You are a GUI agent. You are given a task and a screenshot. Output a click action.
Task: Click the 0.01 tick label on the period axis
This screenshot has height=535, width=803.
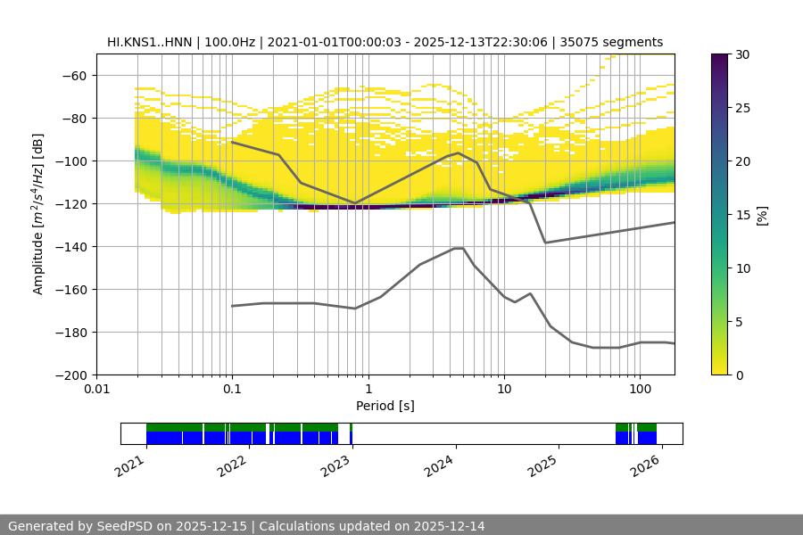96,390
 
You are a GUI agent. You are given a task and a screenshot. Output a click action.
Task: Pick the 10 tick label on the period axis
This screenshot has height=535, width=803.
504,390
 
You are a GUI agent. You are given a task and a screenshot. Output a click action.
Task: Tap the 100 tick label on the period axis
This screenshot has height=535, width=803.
639,390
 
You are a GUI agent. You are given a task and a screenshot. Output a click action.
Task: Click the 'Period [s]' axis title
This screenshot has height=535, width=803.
385,406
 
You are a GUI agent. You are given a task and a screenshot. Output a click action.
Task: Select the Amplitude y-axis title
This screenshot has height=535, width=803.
38,215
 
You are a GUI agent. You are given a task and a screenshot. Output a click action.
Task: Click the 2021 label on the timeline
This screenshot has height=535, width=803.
132,465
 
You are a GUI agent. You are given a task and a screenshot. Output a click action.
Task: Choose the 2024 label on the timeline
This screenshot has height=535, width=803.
441,465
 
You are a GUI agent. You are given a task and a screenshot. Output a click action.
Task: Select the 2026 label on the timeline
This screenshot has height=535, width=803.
647,465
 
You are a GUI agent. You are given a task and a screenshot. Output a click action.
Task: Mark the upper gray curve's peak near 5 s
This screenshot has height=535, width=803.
459,152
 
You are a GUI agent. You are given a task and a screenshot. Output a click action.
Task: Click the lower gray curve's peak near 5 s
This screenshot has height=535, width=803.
459,248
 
